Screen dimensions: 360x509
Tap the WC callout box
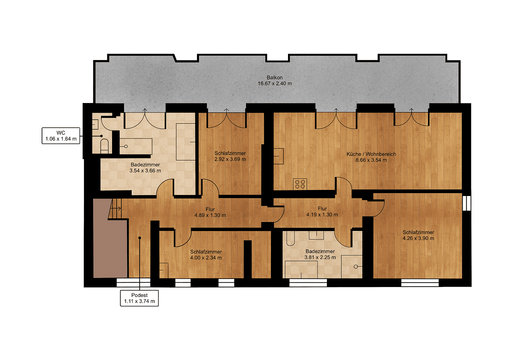click(61, 136)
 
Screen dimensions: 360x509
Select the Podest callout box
click(139, 298)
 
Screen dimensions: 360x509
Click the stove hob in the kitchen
click(300, 184)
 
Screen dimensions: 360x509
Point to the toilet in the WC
click(104, 146)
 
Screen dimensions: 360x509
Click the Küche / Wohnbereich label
click(371, 154)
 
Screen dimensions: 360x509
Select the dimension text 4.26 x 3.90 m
click(418, 238)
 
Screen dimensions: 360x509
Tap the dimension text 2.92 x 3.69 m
click(230, 159)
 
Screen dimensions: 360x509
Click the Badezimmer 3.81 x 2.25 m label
click(320, 254)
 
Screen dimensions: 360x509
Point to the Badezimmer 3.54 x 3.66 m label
click(145, 168)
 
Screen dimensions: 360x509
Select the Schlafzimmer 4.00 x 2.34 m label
click(206, 255)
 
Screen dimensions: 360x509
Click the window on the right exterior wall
click(467, 203)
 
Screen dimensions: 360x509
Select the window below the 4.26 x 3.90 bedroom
click(420, 283)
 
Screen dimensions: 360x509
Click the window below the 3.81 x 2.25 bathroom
click(308, 283)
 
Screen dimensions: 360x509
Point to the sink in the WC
click(95, 124)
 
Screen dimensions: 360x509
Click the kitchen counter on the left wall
click(278, 156)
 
